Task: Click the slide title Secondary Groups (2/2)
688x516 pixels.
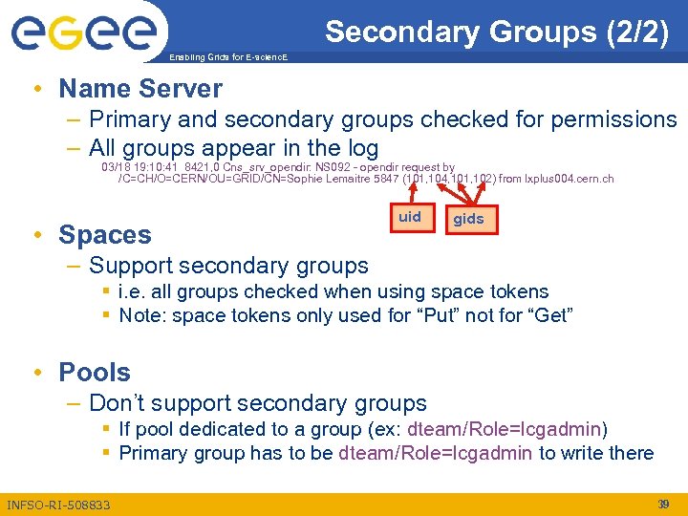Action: [x=496, y=32]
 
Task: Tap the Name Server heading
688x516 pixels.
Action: [x=140, y=89]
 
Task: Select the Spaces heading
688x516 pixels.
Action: [x=104, y=234]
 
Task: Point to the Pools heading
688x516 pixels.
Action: [x=95, y=372]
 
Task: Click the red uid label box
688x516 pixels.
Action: [x=410, y=217]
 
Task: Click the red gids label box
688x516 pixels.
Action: [x=468, y=219]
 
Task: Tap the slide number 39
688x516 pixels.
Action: [x=662, y=504]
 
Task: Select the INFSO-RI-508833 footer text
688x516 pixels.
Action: [x=58, y=505]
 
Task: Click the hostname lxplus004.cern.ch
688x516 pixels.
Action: [x=570, y=179]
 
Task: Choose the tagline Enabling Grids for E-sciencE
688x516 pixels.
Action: [x=226, y=57]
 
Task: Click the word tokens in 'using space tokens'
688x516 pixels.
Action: [x=514, y=291]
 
